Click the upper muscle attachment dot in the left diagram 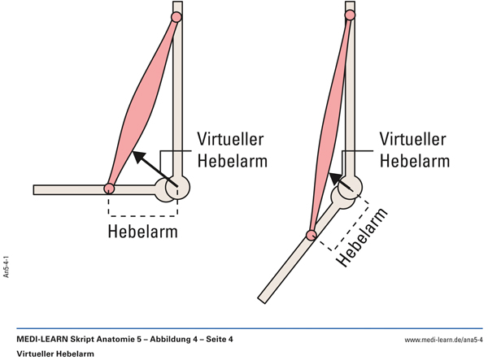tap(176, 17)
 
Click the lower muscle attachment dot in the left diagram tap(109, 189)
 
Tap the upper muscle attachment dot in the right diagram tap(350, 15)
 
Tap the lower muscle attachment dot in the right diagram tap(311, 235)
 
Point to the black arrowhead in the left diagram tap(139, 157)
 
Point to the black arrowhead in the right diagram tap(335, 179)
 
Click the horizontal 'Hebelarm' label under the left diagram tap(143, 232)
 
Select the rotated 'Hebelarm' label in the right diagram tap(363, 238)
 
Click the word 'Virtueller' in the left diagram tap(231, 139)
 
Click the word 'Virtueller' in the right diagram tap(412, 139)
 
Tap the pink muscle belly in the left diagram tap(143, 102)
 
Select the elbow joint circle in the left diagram tap(177, 188)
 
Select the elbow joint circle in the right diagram tap(350, 188)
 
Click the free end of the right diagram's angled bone tap(261, 301)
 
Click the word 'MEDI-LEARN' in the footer tap(42, 339)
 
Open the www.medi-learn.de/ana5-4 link tap(443, 340)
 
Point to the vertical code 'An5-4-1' tap(6, 267)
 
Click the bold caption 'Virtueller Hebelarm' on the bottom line tap(55, 353)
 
